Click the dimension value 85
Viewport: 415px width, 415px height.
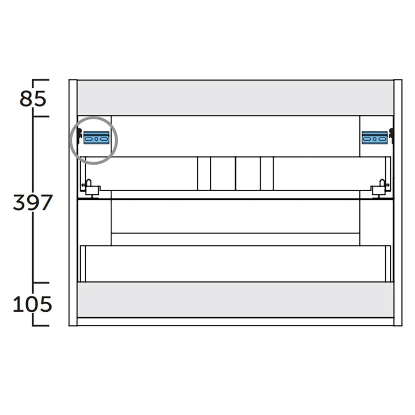[33, 99]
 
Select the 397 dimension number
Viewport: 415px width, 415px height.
[33, 203]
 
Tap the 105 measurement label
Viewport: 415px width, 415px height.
[33, 304]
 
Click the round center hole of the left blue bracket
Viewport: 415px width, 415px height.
[96, 139]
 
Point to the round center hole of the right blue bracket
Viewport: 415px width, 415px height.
[375, 139]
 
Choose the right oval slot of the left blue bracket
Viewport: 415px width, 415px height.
[104, 139]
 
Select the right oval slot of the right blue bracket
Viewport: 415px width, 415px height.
[382, 139]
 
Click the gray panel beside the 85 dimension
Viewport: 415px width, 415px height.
[235, 98]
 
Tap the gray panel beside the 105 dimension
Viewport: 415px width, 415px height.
[235, 300]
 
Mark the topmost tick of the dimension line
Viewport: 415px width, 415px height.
[41, 80]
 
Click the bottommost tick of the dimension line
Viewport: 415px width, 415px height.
[41, 325]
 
